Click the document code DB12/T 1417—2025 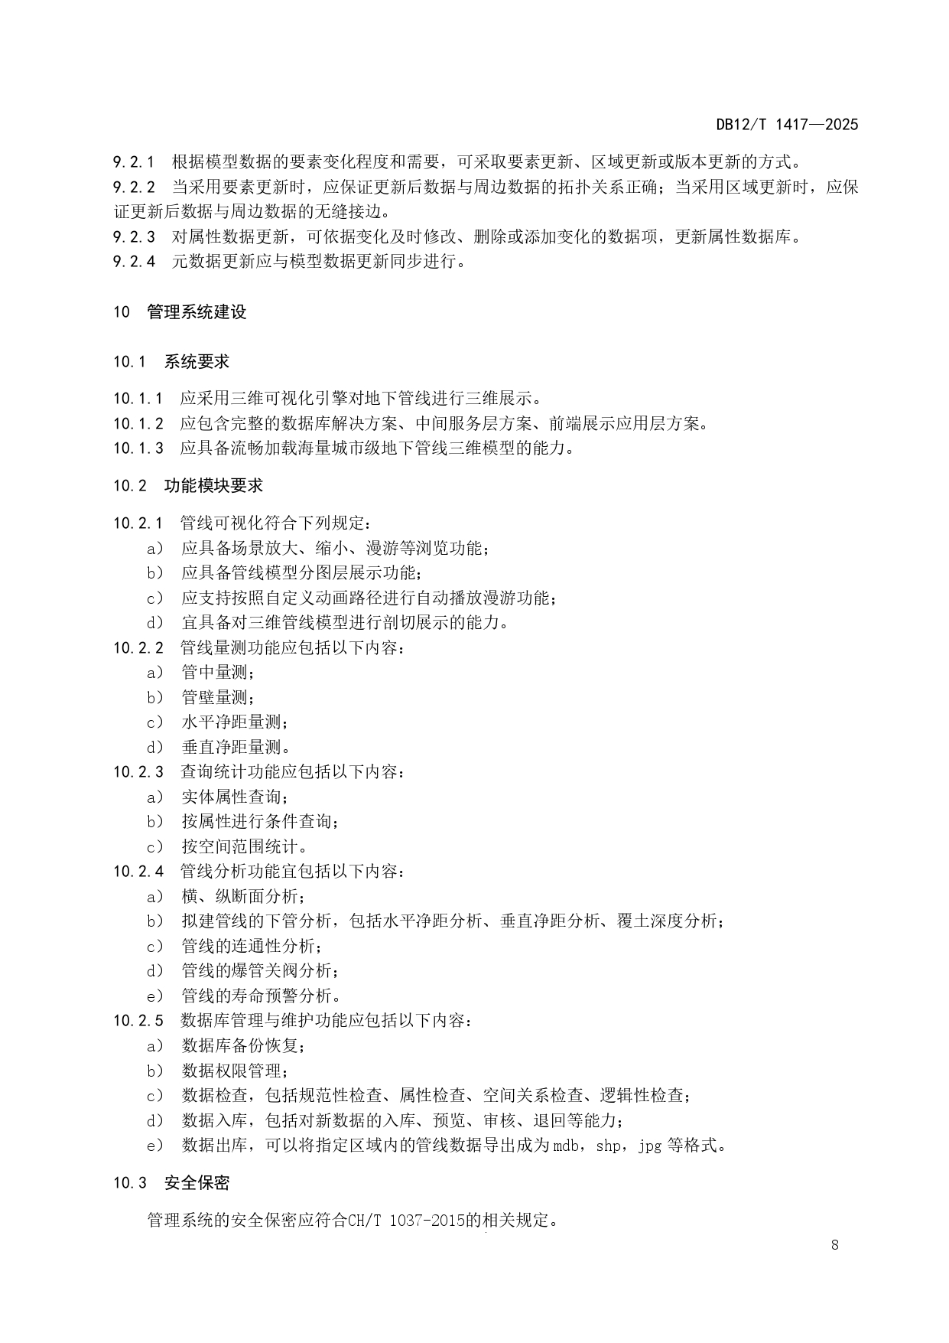click(787, 125)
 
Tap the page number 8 click(834, 1244)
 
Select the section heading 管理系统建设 click(197, 312)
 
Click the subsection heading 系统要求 click(197, 362)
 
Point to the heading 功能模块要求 click(213, 486)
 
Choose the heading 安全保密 click(197, 1183)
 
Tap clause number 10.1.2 click(138, 423)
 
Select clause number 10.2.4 click(138, 871)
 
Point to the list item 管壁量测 click(218, 697)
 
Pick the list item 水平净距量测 click(235, 722)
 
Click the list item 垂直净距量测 click(235, 747)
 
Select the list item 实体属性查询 click(235, 797)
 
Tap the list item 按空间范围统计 click(243, 846)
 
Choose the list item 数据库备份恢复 click(243, 1045)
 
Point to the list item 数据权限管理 click(235, 1071)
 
